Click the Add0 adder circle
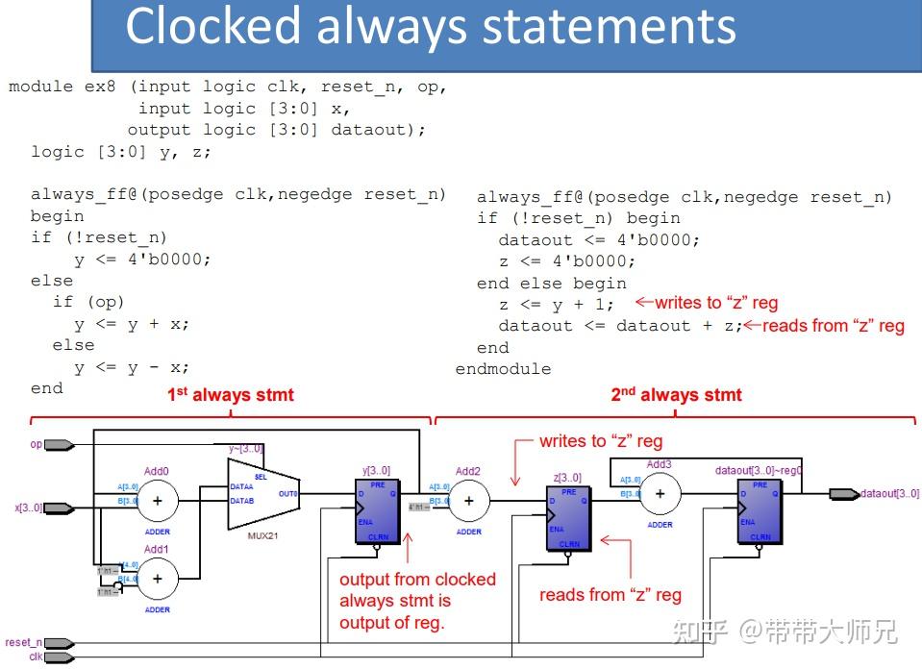(x=159, y=500)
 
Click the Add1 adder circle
(x=159, y=578)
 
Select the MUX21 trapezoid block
(x=261, y=493)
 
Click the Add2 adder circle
(x=469, y=500)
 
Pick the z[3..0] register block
(x=568, y=517)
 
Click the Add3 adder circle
(x=660, y=494)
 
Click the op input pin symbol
(x=59, y=445)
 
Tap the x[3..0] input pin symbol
(x=59, y=508)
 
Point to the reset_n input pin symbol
(x=59, y=643)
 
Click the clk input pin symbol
(x=59, y=657)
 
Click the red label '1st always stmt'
(x=231, y=395)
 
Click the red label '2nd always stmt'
(x=676, y=395)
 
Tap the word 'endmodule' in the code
(x=503, y=369)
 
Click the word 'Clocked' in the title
(x=212, y=27)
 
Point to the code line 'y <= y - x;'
(x=132, y=367)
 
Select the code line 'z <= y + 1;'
(x=556, y=304)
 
